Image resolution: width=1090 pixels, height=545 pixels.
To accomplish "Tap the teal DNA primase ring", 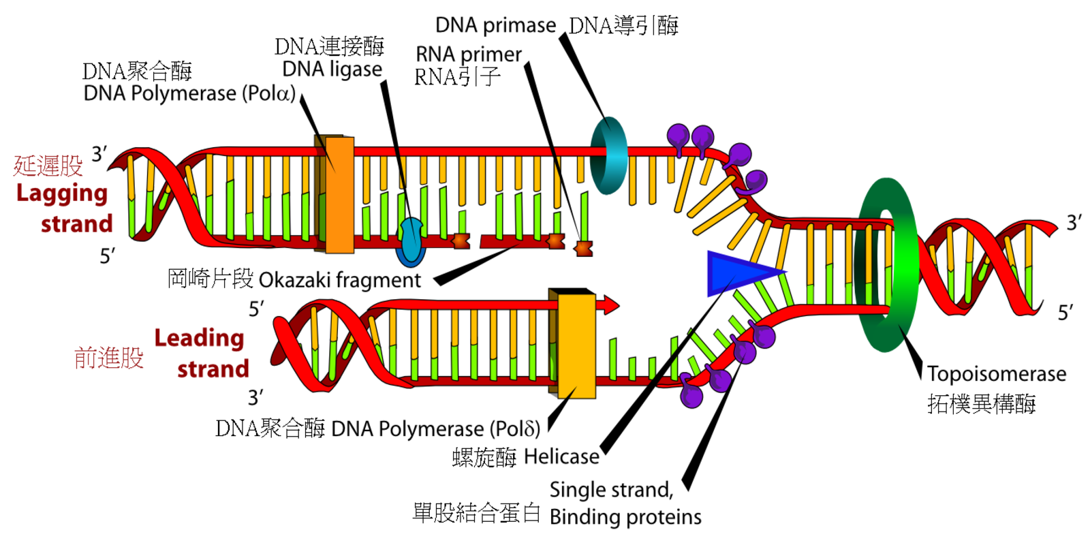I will tap(608, 155).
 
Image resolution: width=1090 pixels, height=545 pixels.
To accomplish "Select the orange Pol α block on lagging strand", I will tap(339, 194).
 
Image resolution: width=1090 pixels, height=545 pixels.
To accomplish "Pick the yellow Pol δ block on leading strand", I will tap(576, 344).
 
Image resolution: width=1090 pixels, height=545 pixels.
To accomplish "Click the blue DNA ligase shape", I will tap(410, 241).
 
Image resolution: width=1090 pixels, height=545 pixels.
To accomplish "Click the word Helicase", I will tap(561, 456).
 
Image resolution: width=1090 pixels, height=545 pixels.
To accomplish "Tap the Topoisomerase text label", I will tap(996, 373).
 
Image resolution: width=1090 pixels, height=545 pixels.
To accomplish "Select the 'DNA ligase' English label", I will tap(332, 69).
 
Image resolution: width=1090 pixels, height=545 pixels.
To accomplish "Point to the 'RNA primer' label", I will tap(468, 54).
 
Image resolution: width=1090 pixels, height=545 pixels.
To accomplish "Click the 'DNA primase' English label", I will tap(495, 25).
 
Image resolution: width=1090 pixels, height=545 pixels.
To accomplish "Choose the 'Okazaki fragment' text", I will tap(339, 280).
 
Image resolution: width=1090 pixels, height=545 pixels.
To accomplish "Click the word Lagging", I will tap(62, 193).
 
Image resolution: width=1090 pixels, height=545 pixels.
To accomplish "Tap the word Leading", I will tap(199, 338).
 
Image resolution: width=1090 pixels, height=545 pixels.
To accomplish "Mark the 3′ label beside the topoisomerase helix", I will tap(1074, 223).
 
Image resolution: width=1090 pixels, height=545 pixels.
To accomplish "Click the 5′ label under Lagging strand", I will tap(107, 257).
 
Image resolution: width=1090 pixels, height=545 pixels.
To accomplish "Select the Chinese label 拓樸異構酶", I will tap(981, 404).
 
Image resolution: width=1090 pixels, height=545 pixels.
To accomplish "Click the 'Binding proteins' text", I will tap(625, 517).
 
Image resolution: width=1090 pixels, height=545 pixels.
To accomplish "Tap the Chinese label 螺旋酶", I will tap(484, 457).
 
